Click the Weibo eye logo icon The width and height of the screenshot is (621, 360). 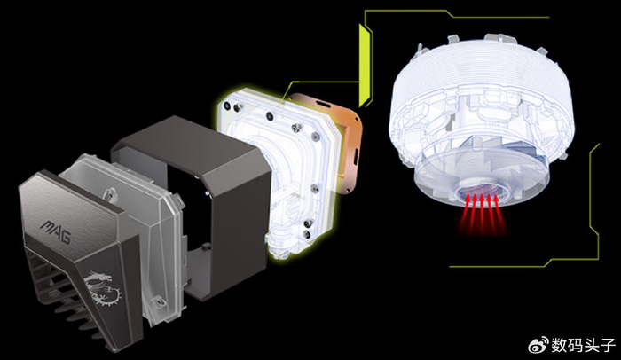click(538, 345)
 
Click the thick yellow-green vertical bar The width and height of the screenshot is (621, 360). click(364, 66)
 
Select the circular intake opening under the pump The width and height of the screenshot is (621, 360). click(481, 192)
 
